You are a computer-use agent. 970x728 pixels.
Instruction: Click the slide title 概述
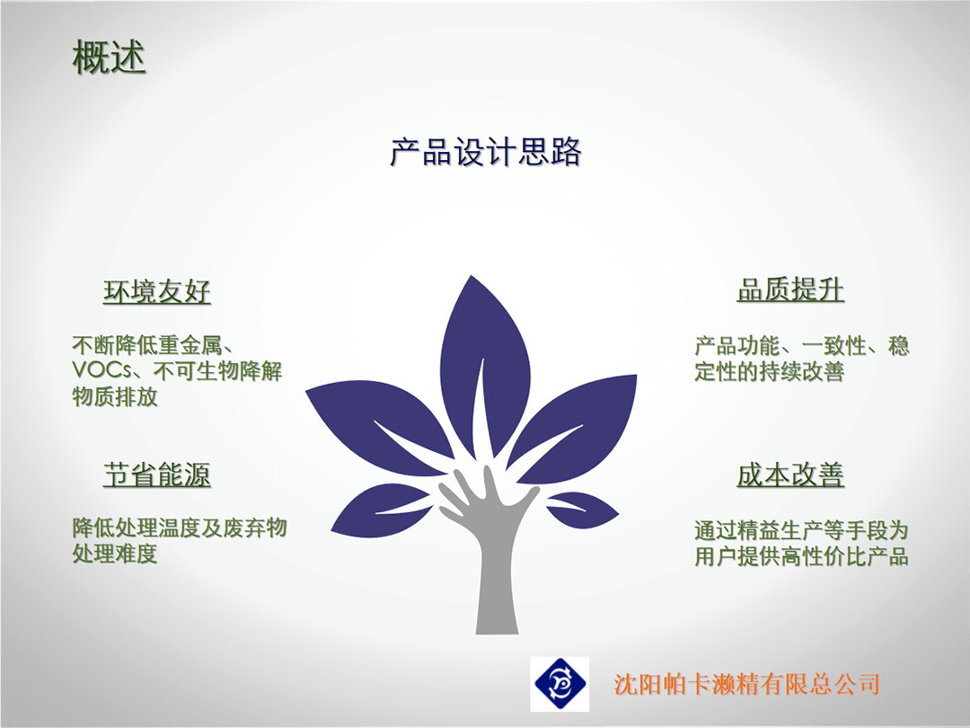pyautogui.click(x=109, y=57)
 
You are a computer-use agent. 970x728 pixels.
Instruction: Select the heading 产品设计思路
pyautogui.click(x=486, y=152)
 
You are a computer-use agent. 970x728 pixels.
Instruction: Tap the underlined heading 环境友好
pyautogui.click(x=157, y=291)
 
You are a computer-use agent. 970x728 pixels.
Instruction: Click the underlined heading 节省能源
pyautogui.click(x=157, y=475)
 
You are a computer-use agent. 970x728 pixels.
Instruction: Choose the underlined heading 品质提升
pyautogui.click(x=790, y=289)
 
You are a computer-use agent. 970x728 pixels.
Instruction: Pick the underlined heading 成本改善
pyautogui.click(x=790, y=475)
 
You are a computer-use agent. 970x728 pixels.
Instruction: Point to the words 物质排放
pyautogui.click(x=115, y=396)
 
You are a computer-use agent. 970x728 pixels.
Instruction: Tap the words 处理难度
pyautogui.click(x=115, y=553)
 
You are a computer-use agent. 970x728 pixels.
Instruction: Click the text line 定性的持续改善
pyautogui.click(x=769, y=371)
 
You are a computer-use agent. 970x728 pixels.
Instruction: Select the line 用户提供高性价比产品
pyautogui.click(x=801, y=556)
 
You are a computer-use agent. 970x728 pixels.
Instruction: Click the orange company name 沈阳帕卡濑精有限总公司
pyautogui.click(x=746, y=684)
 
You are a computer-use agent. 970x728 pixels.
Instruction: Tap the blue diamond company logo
pyautogui.click(x=560, y=684)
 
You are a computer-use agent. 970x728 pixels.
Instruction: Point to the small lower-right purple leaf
pyautogui.click(x=581, y=509)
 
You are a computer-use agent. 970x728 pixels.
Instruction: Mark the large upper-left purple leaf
pyautogui.click(x=384, y=427)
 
